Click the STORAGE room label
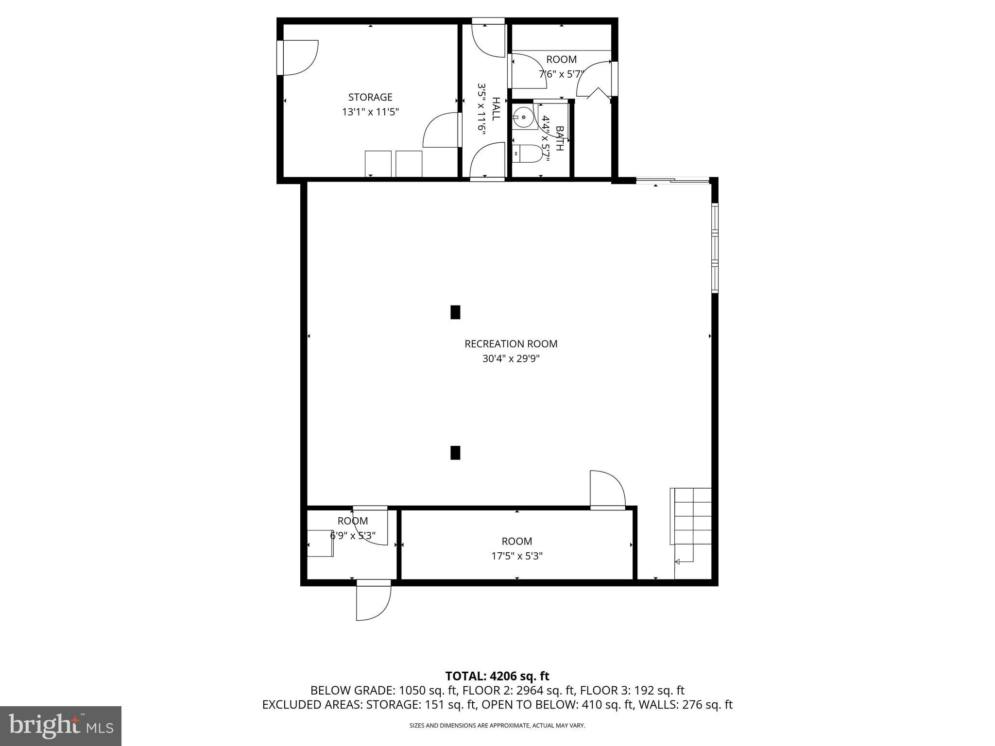click(x=370, y=97)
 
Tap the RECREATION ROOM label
click(x=511, y=344)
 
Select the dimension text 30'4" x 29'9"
click(x=511, y=359)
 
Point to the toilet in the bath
click(x=528, y=154)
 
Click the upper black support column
click(x=455, y=312)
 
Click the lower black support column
click(x=455, y=452)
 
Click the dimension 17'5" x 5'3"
click(x=516, y=556)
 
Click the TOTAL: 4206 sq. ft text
click(x=497, y=676)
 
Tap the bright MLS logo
click(x=61, y=726)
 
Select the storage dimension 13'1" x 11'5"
click(x=370, y=112)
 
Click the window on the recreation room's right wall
click(x=715, y=248)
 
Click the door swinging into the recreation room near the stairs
click(x=607, y=491)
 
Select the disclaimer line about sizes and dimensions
click(x=497, y=726)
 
